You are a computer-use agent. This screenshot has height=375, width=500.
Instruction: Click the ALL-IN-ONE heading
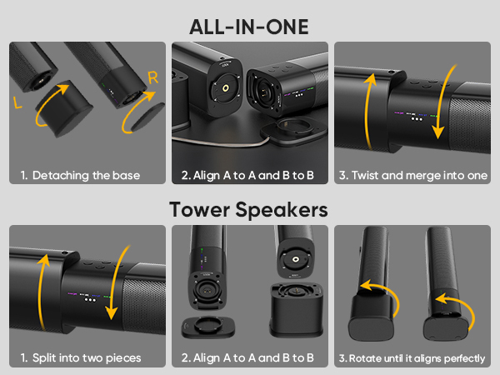(249, 27)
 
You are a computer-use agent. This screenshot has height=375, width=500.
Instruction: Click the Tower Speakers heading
(249, 209)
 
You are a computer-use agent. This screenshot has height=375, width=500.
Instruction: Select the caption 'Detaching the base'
(80, 176)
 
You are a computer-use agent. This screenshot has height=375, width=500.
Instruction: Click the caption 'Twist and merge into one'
(412, 176)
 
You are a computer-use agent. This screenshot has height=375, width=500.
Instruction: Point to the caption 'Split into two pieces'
(80, 358)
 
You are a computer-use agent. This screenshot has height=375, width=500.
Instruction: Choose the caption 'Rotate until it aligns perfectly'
(412, 358)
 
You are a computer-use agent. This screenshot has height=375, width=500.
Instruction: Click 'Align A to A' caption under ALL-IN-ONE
(247, 176)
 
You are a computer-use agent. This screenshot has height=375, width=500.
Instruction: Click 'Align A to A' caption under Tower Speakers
(247, 358)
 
